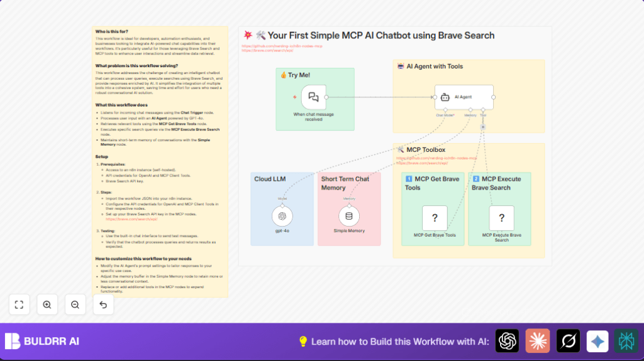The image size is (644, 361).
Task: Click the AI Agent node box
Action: click(464, 97)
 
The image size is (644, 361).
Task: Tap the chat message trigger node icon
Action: click(313, 97)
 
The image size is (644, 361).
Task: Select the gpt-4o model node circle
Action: click(282, 217)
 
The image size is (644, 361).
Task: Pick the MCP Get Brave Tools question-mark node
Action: click(435, 218)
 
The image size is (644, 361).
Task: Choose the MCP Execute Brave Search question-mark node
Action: click(501, 218)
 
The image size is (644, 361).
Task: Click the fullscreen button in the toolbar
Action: click(19, 304)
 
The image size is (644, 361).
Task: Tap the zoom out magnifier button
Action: click(75, 304)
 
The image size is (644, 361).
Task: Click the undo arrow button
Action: click(103, 304)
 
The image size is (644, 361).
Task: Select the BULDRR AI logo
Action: click(42, 342)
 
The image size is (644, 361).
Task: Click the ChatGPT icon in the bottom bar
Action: click(507, 341)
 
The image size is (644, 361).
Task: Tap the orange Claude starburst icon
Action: click(538, 341)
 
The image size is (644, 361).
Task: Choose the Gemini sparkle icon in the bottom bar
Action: click(597, 341)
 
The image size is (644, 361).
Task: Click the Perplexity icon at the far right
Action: click(626, 341)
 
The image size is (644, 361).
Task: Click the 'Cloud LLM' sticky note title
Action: click(270, 179)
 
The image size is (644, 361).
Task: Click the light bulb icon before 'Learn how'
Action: click(303, 342)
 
